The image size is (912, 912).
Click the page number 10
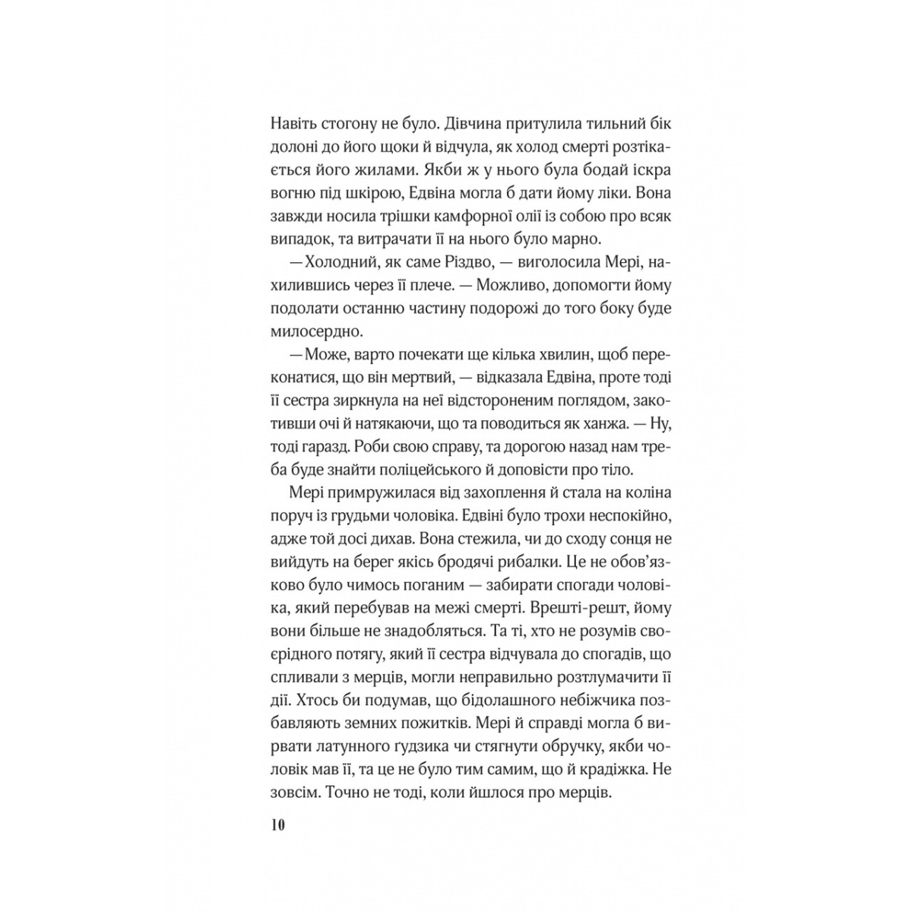(x=277, y=825)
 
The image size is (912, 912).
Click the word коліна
(x=650, y=492)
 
